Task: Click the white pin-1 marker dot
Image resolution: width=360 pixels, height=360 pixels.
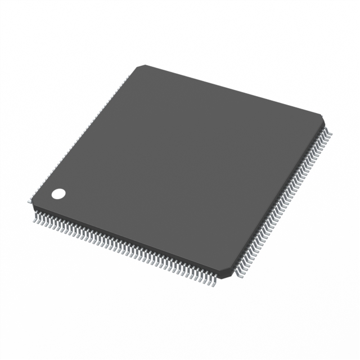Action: (x=58, y=194)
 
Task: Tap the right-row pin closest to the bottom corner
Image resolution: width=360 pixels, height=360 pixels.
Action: (x=236, y=274)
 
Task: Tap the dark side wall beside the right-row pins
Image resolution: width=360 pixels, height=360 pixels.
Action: (x=278, y=202)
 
